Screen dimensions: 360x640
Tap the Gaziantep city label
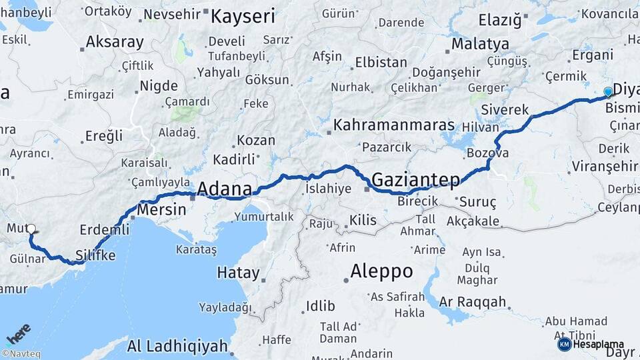[x=416, y=179]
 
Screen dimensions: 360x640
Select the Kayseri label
[x=243, y=16]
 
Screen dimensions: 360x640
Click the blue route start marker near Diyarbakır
[x=608, y=91]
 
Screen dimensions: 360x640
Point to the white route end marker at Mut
[x=31, y=229]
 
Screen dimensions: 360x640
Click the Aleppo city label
[x=381, y=271]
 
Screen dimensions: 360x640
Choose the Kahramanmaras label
[x=393, y=125]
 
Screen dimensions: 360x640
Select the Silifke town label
[x=95, y=255]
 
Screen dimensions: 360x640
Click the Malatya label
[x=480, y=44]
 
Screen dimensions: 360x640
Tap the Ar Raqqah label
[x=472, y=301]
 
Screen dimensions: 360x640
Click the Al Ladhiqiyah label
[x=177, y=346]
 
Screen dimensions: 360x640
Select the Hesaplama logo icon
[x=564, y=344]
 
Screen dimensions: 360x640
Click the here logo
[x=18, y=331]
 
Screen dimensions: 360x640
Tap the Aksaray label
[x=115, y=43]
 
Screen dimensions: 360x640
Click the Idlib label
[x=320, y=306]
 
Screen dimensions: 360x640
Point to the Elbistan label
[x=381, y=62]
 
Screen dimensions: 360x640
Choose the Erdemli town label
[x=104, y=229]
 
